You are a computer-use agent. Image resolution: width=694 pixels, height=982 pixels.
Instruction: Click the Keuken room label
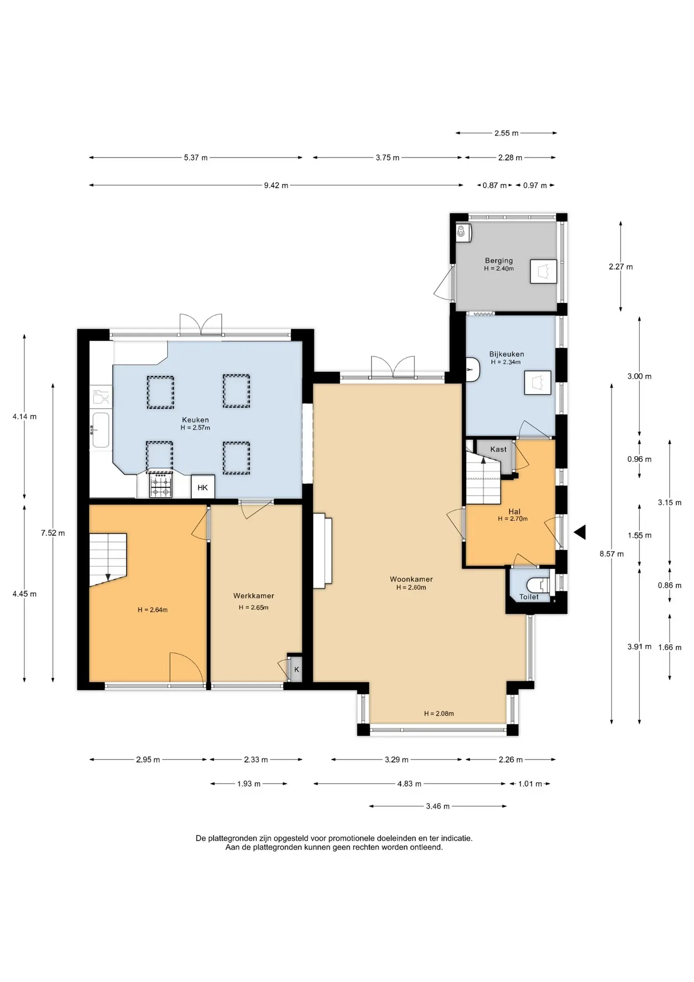[195, 420]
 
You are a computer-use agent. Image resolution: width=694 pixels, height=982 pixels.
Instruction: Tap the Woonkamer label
[411, 579]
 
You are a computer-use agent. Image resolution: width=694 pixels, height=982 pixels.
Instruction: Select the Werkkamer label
[253, 595]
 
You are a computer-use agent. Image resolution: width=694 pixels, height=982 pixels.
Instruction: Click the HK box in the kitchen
[203, 487]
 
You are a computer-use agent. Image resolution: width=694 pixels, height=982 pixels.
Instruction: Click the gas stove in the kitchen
[161, 485]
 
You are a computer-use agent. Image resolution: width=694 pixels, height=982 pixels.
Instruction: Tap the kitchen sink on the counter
[101, 430]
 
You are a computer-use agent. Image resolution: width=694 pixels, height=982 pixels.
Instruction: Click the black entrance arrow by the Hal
[580, 532]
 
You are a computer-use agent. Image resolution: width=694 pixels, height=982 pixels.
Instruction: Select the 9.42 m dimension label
[276, 185]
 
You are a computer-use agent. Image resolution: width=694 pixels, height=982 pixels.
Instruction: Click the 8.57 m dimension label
[612, 553]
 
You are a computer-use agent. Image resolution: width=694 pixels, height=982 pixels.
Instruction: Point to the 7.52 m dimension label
[53, 533]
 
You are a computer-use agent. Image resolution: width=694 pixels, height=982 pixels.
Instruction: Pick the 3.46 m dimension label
[438, 806]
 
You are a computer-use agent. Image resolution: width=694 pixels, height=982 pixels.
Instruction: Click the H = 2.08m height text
[439, 713]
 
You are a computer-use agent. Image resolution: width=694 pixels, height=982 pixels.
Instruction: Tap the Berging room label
[499, 260]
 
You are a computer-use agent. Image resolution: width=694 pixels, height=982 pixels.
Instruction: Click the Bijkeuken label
[506, 354]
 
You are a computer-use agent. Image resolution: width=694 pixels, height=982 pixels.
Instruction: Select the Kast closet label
[498, 449]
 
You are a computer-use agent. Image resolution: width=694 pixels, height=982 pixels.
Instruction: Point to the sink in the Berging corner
[464, 233]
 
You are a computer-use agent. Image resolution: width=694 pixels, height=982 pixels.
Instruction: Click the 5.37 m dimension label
[196, 158]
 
